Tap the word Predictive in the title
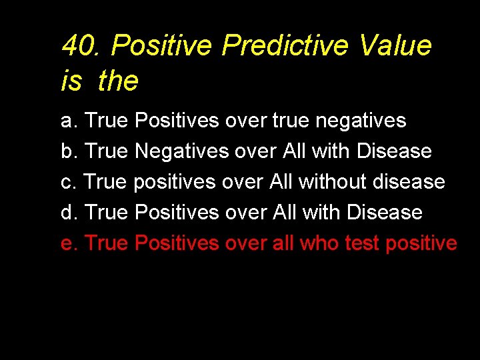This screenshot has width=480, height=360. coord(285,46)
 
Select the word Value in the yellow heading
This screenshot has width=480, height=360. coord(395,46)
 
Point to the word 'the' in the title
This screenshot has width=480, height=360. coord(118,81)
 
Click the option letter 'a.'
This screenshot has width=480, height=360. coord(69,121)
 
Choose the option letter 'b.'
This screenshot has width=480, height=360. coord(69,151)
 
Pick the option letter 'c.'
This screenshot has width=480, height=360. coord(69,181)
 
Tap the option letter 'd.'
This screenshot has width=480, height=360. coord(69,212)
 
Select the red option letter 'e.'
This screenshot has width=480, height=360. coord(69,243)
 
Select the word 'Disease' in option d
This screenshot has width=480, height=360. coord(389,212)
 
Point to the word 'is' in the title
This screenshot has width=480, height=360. coord(71,81)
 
